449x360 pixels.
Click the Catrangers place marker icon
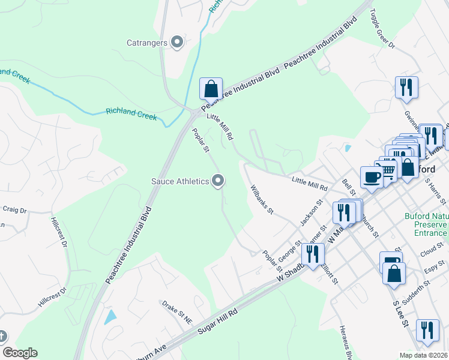point(176,42)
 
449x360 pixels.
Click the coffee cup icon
point(370,177)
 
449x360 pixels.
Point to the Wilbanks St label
point(262,202)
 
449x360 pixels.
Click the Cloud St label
point(432,250)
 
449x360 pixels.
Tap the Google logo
point(20,353)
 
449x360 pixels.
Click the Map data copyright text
point(423,355)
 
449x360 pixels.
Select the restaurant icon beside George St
point(312,254)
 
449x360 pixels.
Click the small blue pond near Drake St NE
point(110,317)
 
